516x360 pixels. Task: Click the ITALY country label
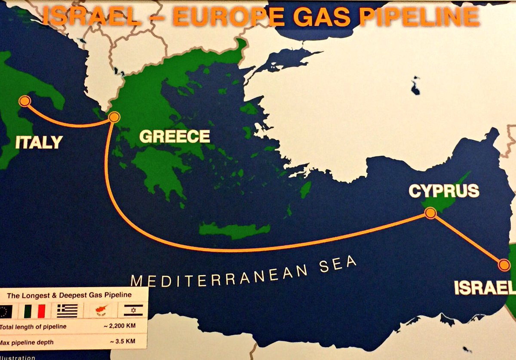pyautogui.click(x=39, y=142)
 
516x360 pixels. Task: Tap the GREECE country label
pyautogui.click(x=175, y=136)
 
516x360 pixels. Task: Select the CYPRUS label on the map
pyautogui.click(x=444, y=191)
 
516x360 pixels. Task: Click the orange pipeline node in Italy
pyautogui.click(x=25, y=102)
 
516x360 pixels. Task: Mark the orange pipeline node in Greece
pyautogui.click(x=114, y=117)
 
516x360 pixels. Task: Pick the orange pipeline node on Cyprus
pyautogui.click(x=430, y=212)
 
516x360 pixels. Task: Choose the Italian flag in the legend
pyautogui.click(x=35, y=310)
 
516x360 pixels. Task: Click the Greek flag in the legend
pyautogui.click(x=67, y=310)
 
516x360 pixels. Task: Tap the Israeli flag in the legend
pyautogui.click(x=133, y=310)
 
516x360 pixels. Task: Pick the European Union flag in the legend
pyautogui.click(x=6, y=310)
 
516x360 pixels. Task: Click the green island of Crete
pyautogui.click(x=234, y=230)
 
